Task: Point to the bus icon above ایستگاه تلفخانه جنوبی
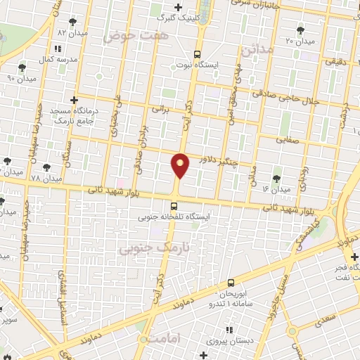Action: (x=174, y=206)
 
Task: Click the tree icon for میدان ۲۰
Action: (x=301, y=29)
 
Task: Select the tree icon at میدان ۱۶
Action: (x=274, y=178)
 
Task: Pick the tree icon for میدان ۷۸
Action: (x=46, y=168)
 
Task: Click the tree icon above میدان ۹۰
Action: (x=22, y=67)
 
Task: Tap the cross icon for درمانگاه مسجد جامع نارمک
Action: (x=75, y=101)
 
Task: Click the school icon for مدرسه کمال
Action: (x=58, y=48)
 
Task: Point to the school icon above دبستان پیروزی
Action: (x=229, y=329)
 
